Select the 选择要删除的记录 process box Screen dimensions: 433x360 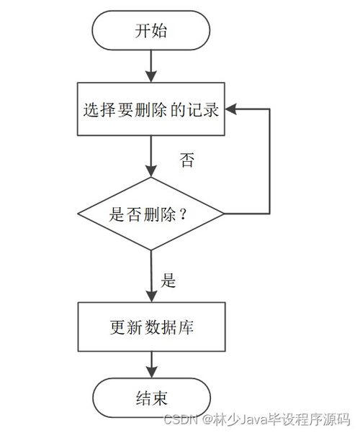(150, 110)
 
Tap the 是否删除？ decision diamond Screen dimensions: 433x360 (150, 214)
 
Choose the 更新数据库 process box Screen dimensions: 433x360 (150, 327)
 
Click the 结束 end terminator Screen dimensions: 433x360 (150, 398)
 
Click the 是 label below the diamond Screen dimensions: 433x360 (168, 281)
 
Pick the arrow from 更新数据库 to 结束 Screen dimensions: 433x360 (150, 364)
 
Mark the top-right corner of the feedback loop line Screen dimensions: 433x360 (269, 110)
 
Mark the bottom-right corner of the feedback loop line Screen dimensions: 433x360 (269, 214)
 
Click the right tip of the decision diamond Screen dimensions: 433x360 (223, 214)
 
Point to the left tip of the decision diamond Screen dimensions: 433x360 (78, 214)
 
